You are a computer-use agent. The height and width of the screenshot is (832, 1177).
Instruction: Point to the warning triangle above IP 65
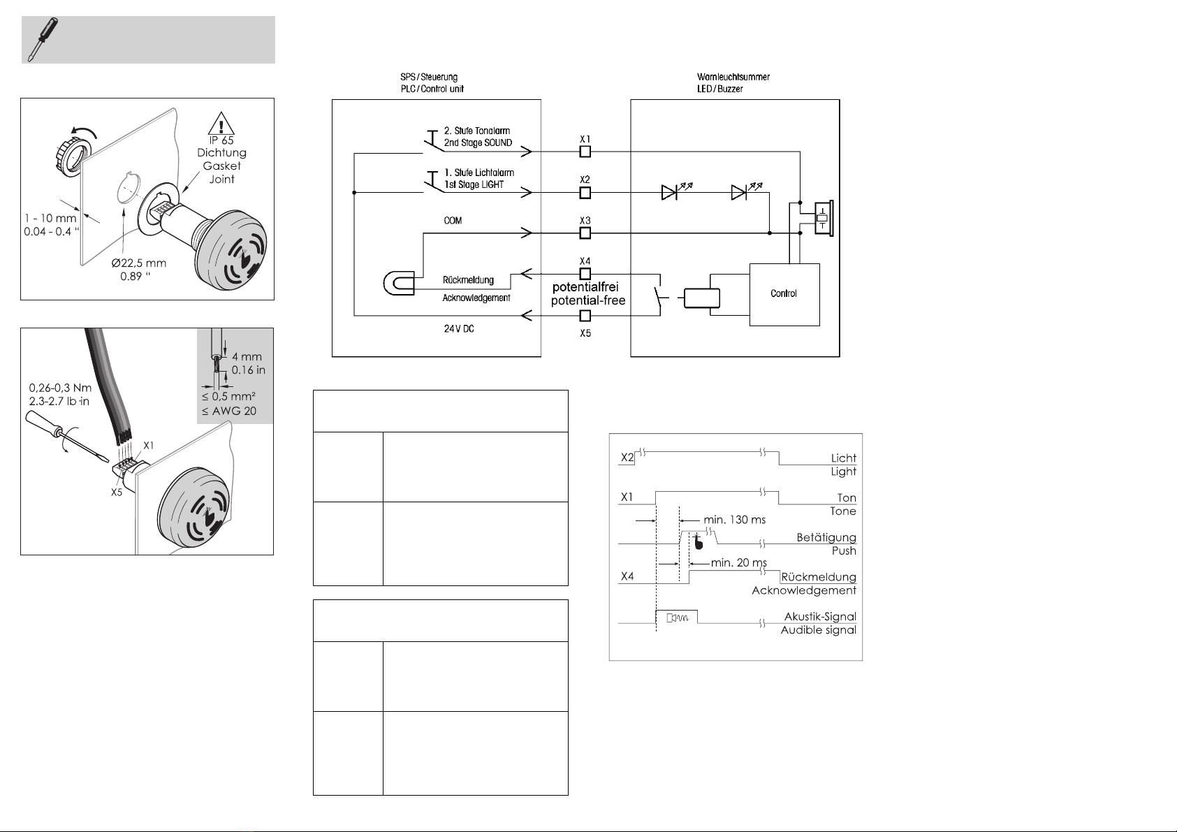point(221,124)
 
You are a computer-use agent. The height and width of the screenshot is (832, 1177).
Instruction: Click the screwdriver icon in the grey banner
point(43,39)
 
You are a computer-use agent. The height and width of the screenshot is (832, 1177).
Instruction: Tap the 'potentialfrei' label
point(585,287)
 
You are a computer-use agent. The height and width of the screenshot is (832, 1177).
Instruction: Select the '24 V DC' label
point(459,328)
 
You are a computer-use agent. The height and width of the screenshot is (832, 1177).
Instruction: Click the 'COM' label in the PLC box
point(453,220)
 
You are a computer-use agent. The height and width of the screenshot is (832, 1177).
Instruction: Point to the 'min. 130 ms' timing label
point(735,520)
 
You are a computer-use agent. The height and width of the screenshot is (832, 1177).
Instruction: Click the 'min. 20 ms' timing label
point(739,563)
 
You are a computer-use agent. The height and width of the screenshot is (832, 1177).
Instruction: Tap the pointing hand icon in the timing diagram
point(698,542)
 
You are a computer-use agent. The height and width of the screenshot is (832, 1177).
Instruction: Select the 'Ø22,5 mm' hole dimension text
point(139,263)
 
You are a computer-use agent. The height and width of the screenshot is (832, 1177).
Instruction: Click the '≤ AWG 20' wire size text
point(229,411)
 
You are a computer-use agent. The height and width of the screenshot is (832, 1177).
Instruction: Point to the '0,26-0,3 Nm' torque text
point(60,388)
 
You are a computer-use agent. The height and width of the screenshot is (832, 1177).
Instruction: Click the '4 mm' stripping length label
point(247,356)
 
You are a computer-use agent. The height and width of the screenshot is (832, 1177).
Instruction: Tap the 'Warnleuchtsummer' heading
point(733,77)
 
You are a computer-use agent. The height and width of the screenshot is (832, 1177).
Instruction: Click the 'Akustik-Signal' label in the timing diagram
point(820,617)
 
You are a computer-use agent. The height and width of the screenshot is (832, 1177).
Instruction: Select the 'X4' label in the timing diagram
point(627,576)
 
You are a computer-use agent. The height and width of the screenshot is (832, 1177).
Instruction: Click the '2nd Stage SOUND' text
point(478,143)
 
